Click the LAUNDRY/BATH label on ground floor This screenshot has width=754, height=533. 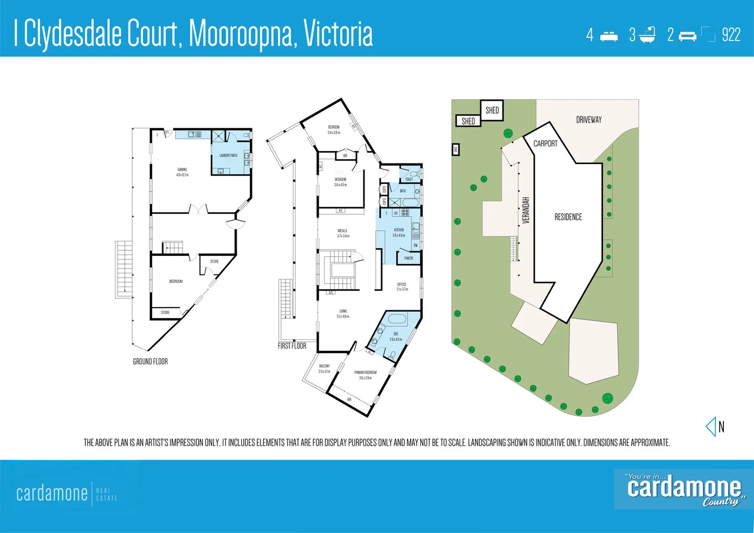tap(228, 155)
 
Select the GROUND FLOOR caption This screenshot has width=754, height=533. tap(150, 362)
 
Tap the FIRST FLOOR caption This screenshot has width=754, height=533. tap(292, 346)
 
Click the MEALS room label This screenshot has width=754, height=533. tap(342, 231)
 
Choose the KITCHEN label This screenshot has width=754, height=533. tap(399, 230)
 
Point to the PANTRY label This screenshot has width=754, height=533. tap(409, 258)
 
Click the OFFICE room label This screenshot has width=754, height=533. tap(402, 285)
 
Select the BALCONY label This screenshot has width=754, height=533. tap(324, 366)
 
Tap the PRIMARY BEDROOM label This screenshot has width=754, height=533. tap(365, 373)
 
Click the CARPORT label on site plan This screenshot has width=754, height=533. tap(545, 144)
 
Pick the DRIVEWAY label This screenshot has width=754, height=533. tap(589, 120)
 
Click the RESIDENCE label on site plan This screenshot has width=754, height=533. tap(568, 217)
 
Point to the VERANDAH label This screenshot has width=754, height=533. tap(526, 210)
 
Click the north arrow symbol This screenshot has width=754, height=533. tap(711, 427)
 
